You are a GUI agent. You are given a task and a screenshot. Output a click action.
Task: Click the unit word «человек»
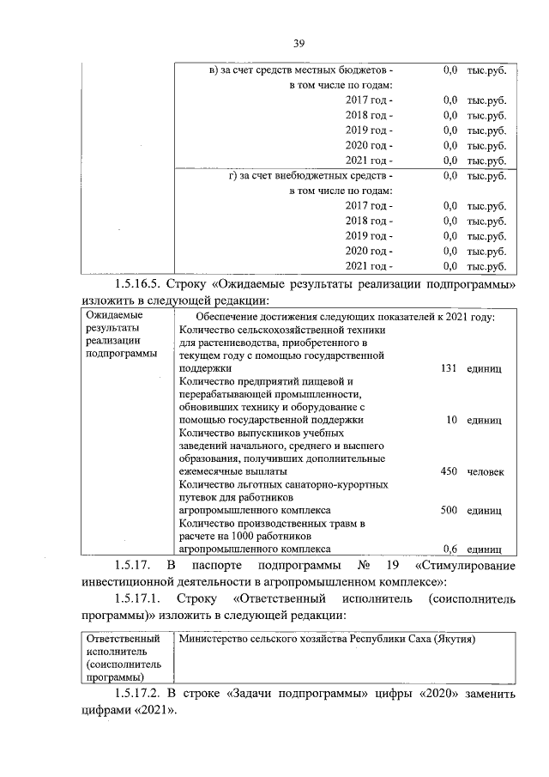tap(485, 471)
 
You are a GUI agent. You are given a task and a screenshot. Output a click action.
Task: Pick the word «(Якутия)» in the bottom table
tap(455, 640)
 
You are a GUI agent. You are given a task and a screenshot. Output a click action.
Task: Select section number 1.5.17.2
tap(137, 693)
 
